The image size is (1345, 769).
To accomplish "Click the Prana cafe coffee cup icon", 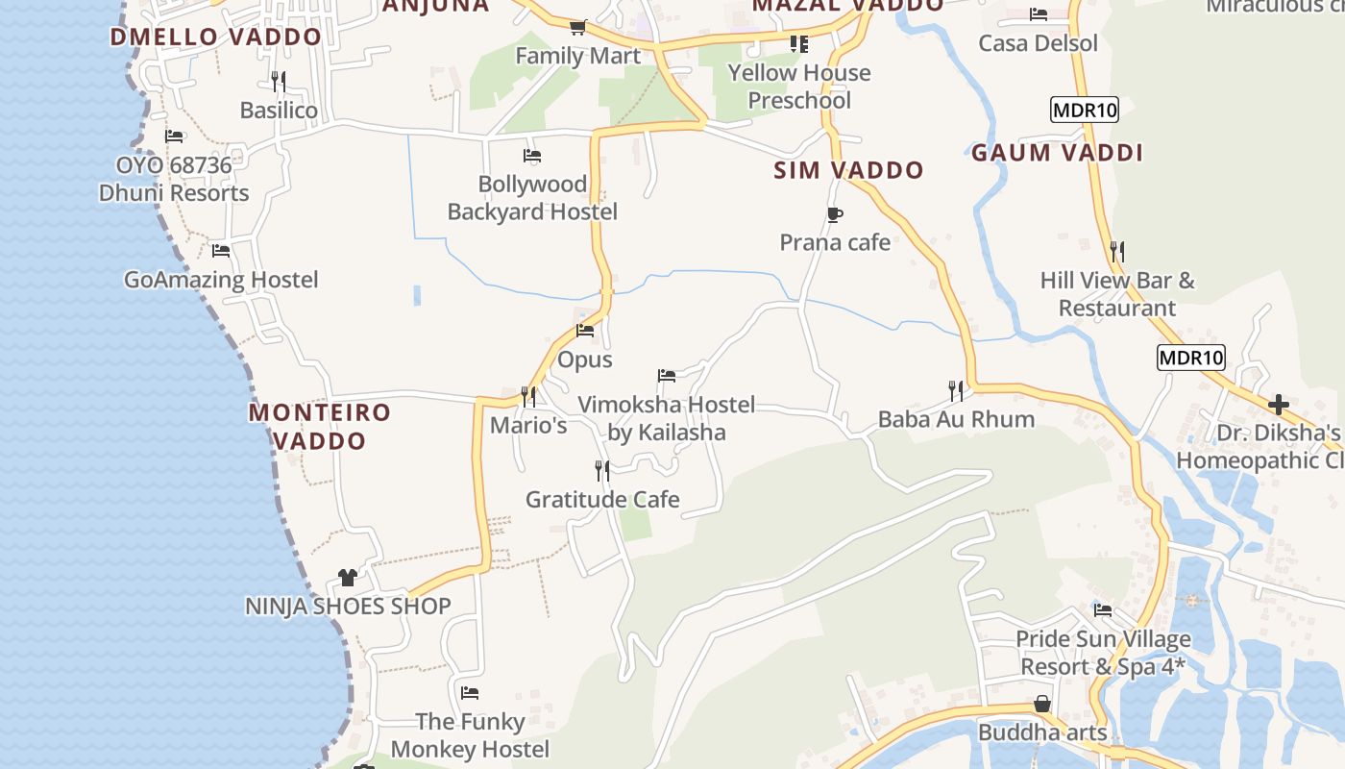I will coord(834,214).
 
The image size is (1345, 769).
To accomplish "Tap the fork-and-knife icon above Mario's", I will coord(527,396).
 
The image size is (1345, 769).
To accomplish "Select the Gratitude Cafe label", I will coord(602,499).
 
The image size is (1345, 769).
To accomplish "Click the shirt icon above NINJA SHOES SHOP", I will coord(348,577).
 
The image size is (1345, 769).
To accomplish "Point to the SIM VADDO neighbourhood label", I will coord(849,170).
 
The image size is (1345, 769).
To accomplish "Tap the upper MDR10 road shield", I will coord(1085,110).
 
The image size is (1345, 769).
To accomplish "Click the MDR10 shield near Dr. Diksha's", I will coord(1191,358).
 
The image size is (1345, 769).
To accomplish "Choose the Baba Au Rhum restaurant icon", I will coord(955,390).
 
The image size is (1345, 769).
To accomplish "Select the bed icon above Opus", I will coord(585,331).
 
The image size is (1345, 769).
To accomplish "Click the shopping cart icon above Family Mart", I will coord(577,27).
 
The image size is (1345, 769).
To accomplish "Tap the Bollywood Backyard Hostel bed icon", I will coord(532,155).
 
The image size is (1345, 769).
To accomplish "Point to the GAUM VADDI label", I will coord(1057,153).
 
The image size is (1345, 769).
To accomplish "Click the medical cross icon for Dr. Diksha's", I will coord(1279,404).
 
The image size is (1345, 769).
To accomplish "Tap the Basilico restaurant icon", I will coord(278,81).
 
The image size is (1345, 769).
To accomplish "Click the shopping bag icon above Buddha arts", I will coord(1042,704).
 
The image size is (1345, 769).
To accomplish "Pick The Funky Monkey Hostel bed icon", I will coord(470,692).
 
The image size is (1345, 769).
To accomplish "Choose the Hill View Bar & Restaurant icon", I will coord(1116,252).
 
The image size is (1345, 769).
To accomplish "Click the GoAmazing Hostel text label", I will coord(221,280).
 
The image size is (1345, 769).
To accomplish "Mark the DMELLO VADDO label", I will coord(216,37).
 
